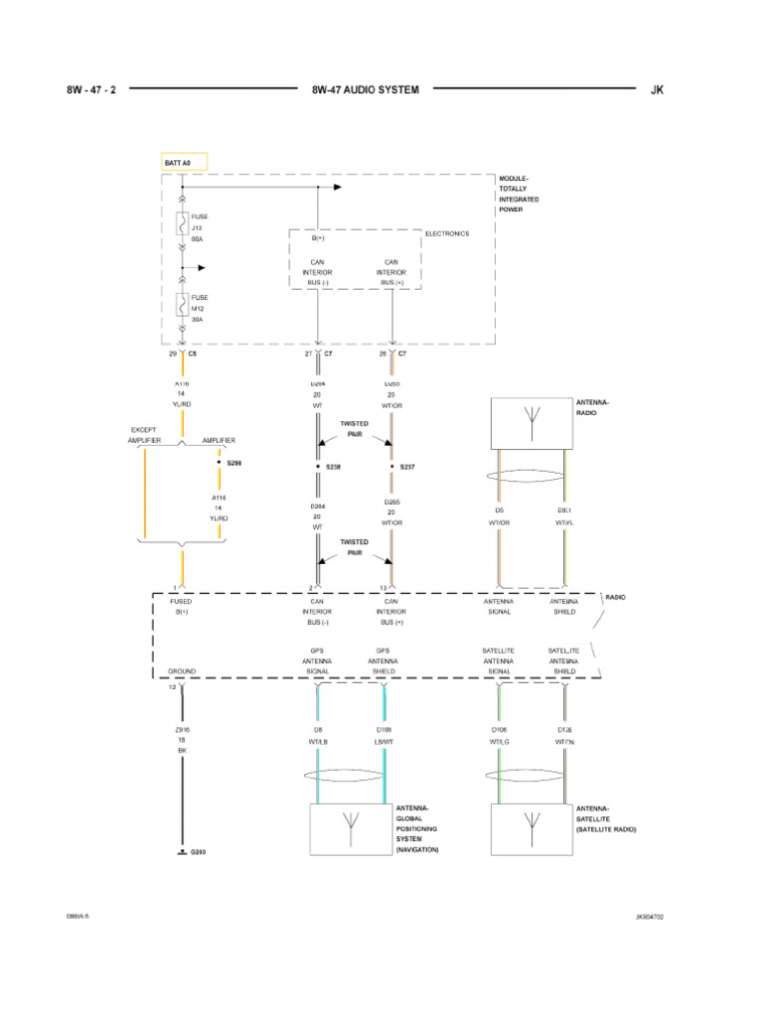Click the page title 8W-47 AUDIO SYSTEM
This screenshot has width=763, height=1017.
[x=365, y=89]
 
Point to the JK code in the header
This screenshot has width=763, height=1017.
[x=656, y=89]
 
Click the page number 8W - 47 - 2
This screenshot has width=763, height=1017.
[x=91, y=89]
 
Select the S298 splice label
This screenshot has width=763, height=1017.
[x=233, y=463]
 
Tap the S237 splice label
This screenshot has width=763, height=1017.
[x=407, y=466]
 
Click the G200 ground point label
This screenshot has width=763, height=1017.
[x=198, y=852]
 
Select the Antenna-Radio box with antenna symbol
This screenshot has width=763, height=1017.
[x=531, y=422]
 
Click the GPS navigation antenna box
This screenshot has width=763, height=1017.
[x=351, y=829]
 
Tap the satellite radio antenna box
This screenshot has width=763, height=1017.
[x=531, y=829]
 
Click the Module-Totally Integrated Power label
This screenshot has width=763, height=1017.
[x=520, y=194]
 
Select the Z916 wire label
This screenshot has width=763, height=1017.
[x=182, y=729]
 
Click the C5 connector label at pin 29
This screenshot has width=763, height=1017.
[x=193, y=354]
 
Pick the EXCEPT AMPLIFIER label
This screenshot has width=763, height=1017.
[x=144, y=434]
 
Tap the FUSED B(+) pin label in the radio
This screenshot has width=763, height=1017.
[x=182, y=606]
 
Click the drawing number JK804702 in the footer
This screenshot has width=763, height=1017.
[x=650, y=917]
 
